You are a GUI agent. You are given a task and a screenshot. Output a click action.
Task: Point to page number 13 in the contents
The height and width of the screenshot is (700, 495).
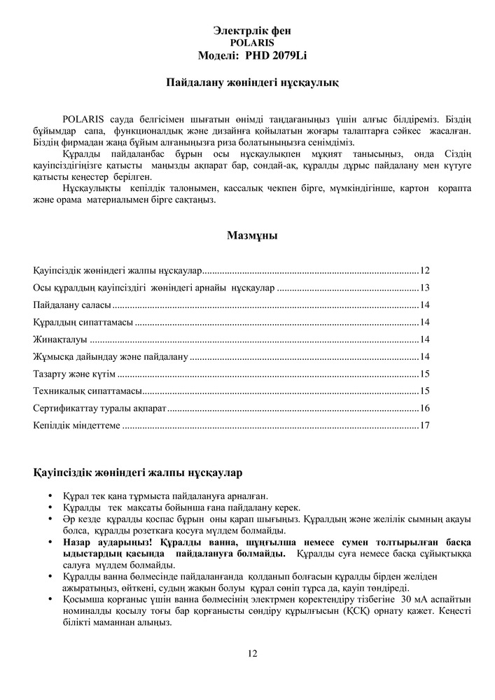[424, 288]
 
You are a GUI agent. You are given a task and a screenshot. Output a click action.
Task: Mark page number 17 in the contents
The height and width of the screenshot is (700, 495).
[424, 425]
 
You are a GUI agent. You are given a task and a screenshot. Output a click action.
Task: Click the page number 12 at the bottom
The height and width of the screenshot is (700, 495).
[252, 654]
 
